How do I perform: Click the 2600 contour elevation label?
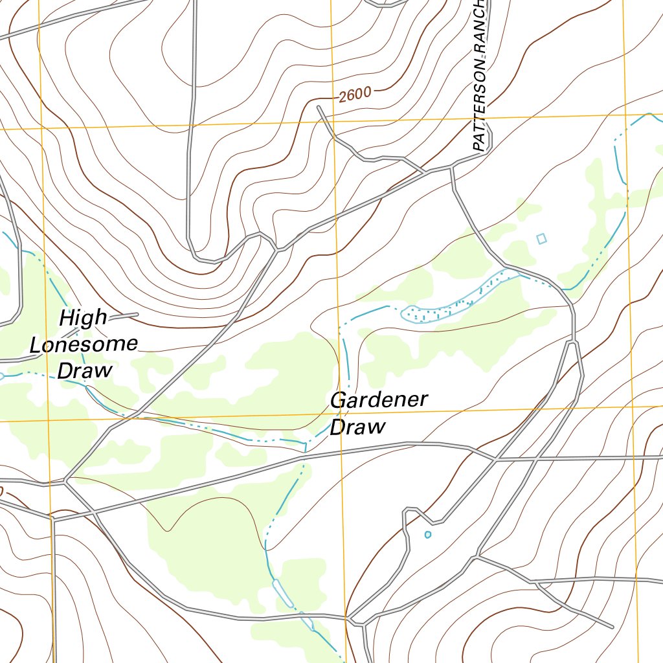pos(354,95)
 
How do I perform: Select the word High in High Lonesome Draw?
pos(83,318)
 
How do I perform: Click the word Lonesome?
pos(84,344)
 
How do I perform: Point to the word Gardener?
pos(379,400)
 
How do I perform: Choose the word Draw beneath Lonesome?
pos(85,371)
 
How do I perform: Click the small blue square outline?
pos(541,239)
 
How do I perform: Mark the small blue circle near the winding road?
pos(427,534)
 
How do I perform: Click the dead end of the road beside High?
pos(138,315)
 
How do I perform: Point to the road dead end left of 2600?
pos(319,106)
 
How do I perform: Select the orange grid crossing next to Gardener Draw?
pos(341,414)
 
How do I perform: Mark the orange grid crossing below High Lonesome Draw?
pos(49,420)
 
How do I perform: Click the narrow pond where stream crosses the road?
pos(308,622)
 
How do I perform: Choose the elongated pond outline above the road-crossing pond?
pos(280,590)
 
